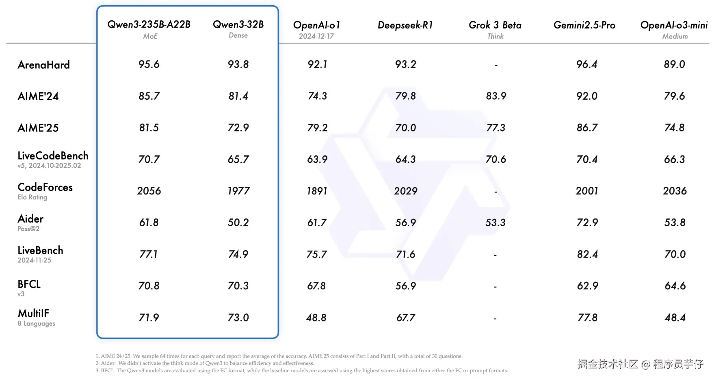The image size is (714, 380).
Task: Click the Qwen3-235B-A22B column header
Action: pos(149,24)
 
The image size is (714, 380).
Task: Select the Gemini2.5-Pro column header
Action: pos(584,25)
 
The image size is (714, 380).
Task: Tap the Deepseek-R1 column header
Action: pos(405,25)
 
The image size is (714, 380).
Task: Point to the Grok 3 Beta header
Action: pos(495,25)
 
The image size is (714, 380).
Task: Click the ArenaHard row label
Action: pos(43,65)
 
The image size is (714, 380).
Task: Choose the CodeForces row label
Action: pos(45,187)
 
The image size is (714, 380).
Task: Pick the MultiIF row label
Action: pos(33,313)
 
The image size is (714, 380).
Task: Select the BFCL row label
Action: pos(29,284)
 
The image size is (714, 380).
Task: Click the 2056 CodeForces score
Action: pos(149,191)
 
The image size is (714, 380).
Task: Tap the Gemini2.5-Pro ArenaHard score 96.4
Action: pos(586,64)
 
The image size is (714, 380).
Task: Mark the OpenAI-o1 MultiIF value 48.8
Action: pos(316,317)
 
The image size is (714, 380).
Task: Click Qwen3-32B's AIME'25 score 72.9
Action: pos(238,127)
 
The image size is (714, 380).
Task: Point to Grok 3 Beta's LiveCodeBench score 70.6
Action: pos(495,159)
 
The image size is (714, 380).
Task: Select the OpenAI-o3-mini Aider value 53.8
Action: pos(675,223)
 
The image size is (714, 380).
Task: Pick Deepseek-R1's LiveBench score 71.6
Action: pos(405,254)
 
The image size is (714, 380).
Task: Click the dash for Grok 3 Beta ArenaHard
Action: pos(496,65)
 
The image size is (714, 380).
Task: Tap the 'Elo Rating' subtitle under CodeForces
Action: pos(32,197)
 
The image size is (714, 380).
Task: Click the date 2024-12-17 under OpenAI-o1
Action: pos(316,36)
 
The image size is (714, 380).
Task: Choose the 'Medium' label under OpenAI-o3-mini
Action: pos(675,36)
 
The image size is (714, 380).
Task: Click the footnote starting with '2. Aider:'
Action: pos(205,363)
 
